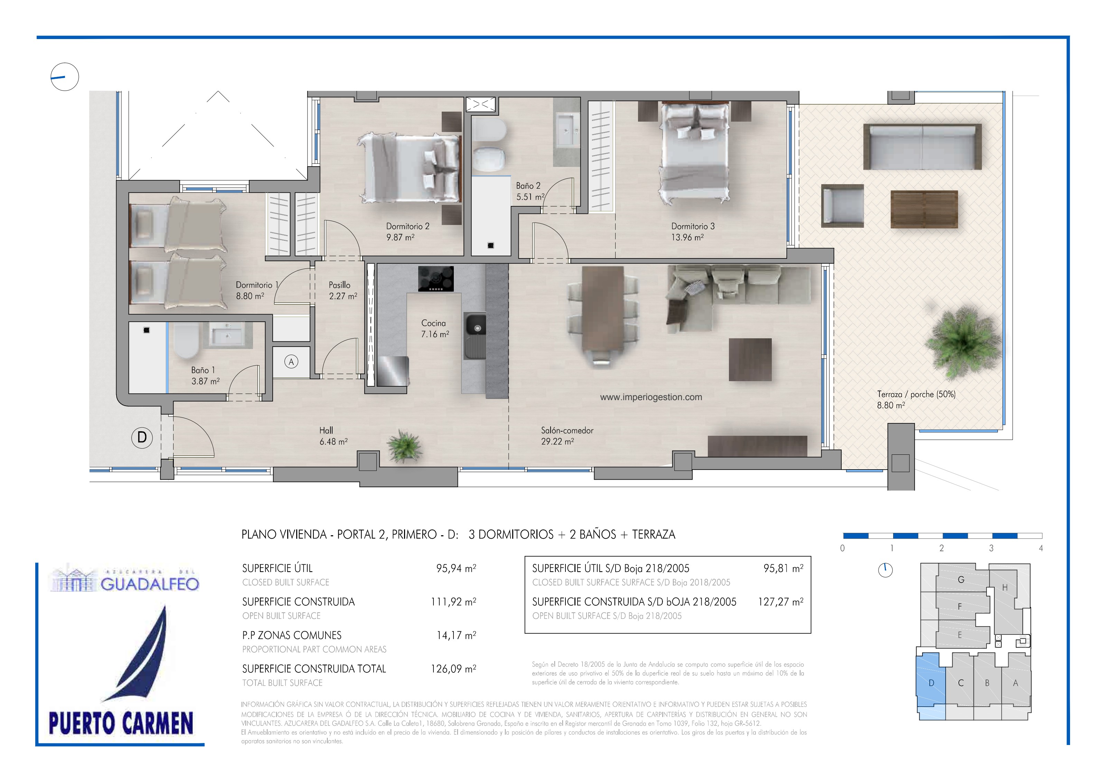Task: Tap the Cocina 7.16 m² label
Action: tap(435, 328)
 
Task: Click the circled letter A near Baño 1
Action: tap(291, 361)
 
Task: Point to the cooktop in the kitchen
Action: tap(436, 279)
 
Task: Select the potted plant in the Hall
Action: tap(404, 445)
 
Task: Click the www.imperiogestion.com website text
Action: tap(651, 397)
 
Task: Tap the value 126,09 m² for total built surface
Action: tap(453, 669)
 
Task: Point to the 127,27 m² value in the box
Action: tap(780, 602)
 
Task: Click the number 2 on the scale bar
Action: tap(941, 548)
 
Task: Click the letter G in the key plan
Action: tap(961, 580)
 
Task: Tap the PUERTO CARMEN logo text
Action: tap(121, 723)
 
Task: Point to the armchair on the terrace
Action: tap(842, 206)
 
